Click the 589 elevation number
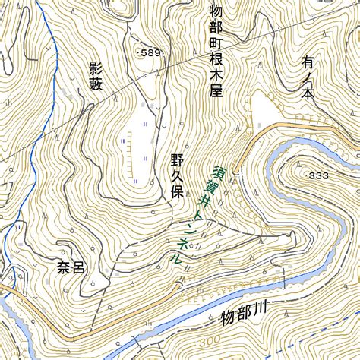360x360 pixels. [152, 52]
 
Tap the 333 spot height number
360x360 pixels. [320, 175]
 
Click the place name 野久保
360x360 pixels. [178, 175]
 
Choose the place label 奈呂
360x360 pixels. [69, 268]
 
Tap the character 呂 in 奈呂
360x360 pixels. [77, 268]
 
